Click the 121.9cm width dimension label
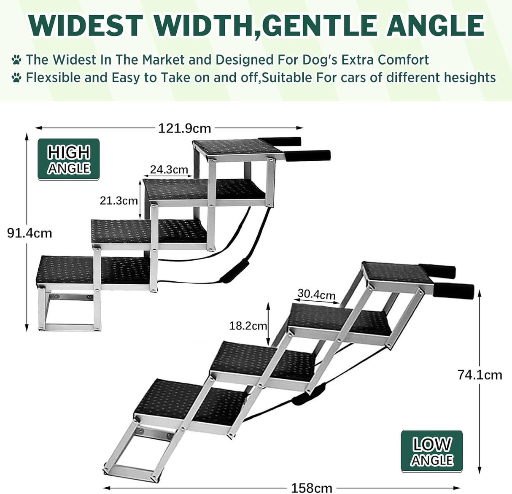184,127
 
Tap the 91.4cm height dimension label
30,232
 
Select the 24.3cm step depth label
169,169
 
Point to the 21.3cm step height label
119,200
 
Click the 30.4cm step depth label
316,294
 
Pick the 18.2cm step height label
248,326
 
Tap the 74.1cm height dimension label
480,375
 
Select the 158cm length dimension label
312,488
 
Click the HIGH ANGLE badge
69,159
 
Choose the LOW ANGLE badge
432,451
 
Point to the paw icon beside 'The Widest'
16,59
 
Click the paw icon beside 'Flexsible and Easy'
16,78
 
